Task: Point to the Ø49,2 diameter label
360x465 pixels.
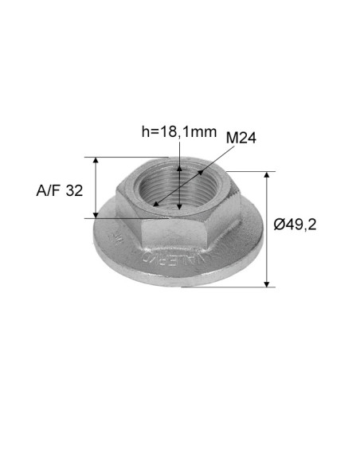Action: coord(295,225)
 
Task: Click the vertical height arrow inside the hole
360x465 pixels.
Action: coord(181,191)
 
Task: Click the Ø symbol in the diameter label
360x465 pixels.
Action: coord(279,225)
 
